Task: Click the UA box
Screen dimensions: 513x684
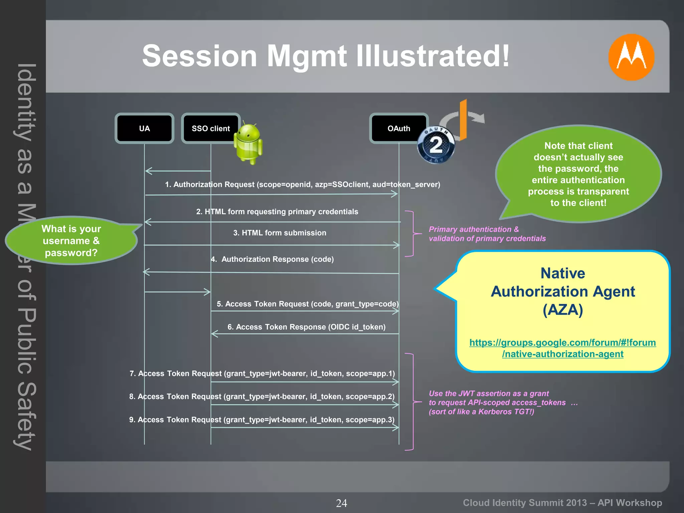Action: (x=144, y=129)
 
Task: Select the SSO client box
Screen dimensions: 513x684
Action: (x=210, y=129)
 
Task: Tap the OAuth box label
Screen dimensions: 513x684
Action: (x=398, y=129)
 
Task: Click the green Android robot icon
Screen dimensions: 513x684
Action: (x=248, y=144)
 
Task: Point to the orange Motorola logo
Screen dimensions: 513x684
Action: (x=631, y=57)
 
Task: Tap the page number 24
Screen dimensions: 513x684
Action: (x=341, y=503)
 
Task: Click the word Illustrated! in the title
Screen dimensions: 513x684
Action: (x=433, y=56)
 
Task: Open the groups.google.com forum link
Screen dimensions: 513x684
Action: (x=562, y=348)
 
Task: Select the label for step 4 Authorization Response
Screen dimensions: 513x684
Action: (x=273, y=259)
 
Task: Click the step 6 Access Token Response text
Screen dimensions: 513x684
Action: (x=306, y=327)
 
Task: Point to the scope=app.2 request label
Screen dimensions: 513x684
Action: (x=262, y=396)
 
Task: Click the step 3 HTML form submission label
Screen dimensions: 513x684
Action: (x=280, y=233)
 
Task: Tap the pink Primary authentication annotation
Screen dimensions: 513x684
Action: (x=487, y=234)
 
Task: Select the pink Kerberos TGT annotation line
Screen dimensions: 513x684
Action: (x=481, y=411)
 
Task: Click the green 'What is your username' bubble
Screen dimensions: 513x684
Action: (x=71, y=240)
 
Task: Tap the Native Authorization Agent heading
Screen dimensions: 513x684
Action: (x=563, y=291)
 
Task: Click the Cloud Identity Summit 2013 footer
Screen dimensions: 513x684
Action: (x=562, y=503)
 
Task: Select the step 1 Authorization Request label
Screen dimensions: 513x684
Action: (x=302, y=184)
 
